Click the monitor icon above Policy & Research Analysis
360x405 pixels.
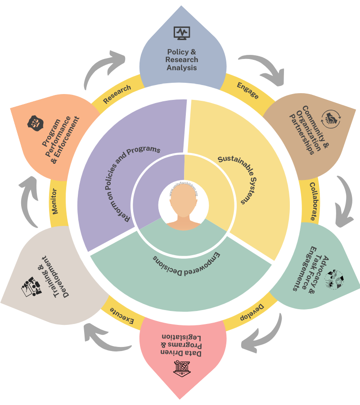182,33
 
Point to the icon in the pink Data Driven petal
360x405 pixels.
182,368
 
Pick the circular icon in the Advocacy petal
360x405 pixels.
333,279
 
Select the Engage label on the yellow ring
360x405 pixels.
247,90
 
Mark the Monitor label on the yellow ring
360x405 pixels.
55,204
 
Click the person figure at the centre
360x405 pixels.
183,207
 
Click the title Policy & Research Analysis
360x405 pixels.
182,60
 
